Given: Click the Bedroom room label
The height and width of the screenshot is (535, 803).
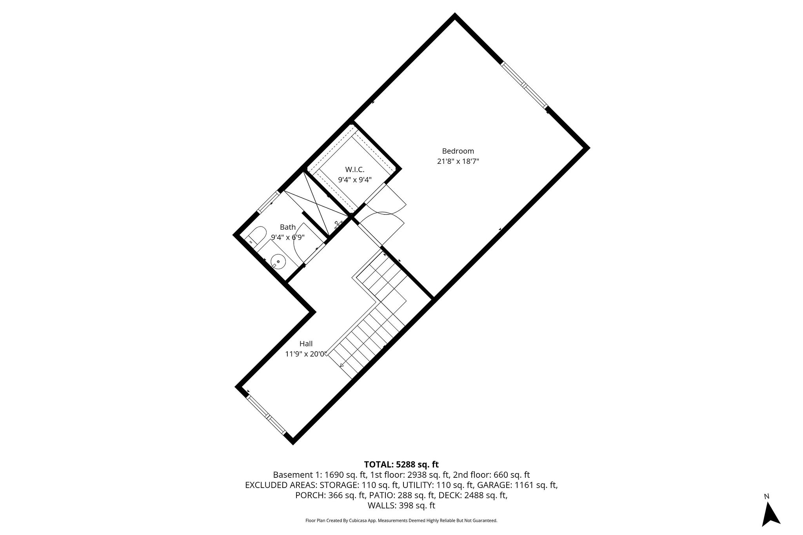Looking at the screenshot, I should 458,151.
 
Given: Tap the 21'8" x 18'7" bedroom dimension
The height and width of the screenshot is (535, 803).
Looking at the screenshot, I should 458,161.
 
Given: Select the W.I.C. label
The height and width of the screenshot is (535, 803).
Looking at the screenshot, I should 354,170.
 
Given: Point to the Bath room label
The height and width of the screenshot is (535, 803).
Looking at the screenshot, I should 287,227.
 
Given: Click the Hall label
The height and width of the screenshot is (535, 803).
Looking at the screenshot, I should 306,344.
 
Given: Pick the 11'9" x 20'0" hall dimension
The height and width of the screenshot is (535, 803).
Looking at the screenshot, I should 306,354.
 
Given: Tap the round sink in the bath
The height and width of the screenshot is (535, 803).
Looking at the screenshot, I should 278,261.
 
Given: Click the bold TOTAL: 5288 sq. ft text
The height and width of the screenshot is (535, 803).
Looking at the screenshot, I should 401,464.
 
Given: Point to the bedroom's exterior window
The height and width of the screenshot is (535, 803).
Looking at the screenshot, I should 524,85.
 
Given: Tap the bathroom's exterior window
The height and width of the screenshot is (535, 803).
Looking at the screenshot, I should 268,203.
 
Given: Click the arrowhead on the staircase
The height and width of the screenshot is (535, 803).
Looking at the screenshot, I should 342,365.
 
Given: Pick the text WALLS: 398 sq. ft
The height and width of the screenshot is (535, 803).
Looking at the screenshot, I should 401,506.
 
